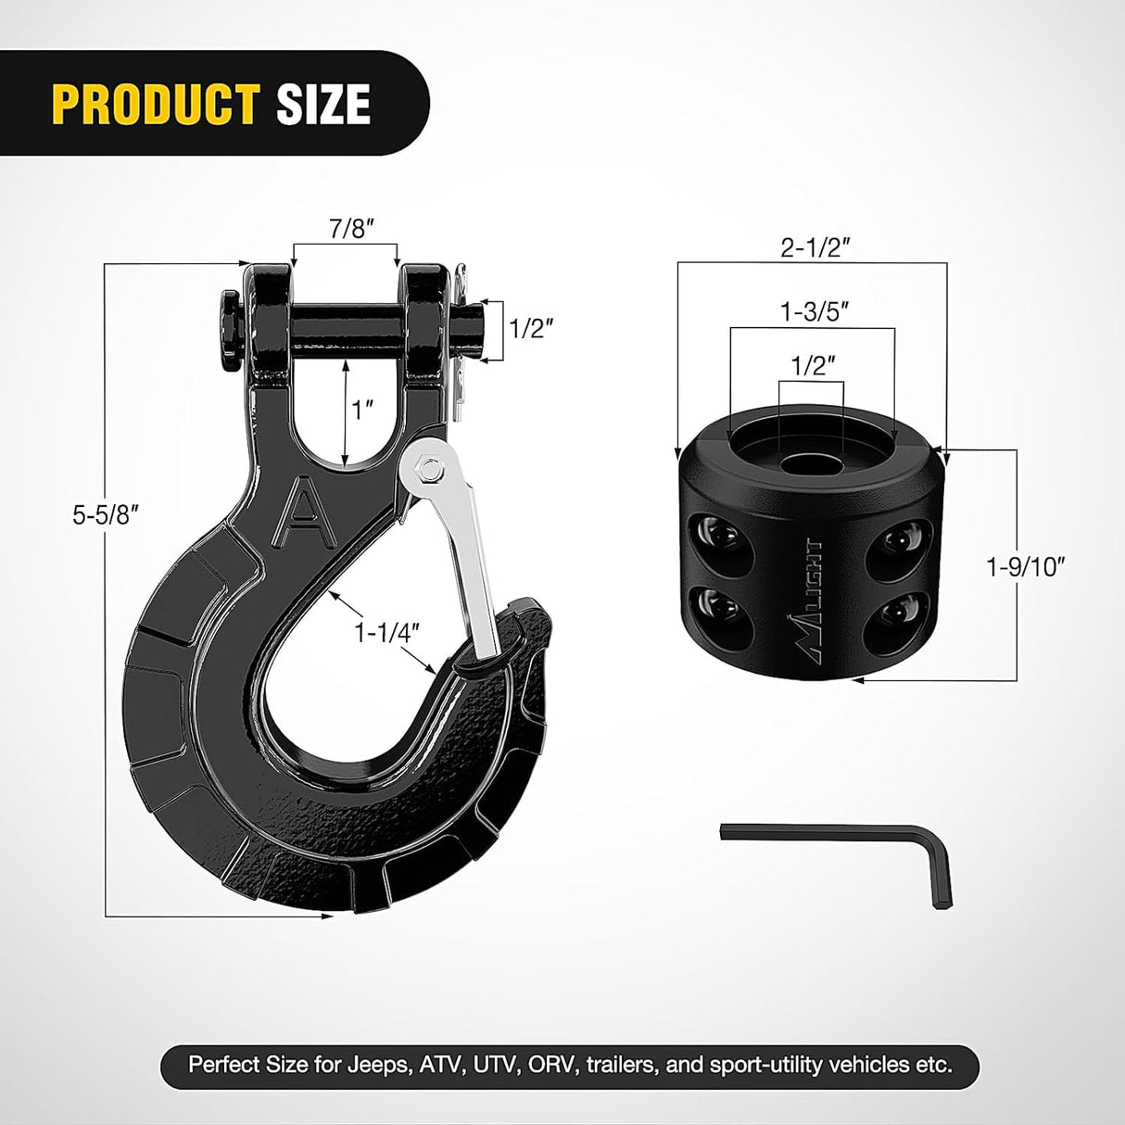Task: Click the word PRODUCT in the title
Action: [x=156, y=104]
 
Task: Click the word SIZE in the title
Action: [x=323, y=104]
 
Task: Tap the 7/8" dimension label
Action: [x=344, y=229]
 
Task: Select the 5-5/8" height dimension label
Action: [x=105, y=515]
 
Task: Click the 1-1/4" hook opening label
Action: [x=386, y=633]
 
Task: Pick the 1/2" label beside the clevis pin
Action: [x=532, y=328]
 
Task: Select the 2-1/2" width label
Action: [x=815, y=247]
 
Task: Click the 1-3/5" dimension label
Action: [x=815, y=312]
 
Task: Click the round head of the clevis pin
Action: [x=229, y=329]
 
